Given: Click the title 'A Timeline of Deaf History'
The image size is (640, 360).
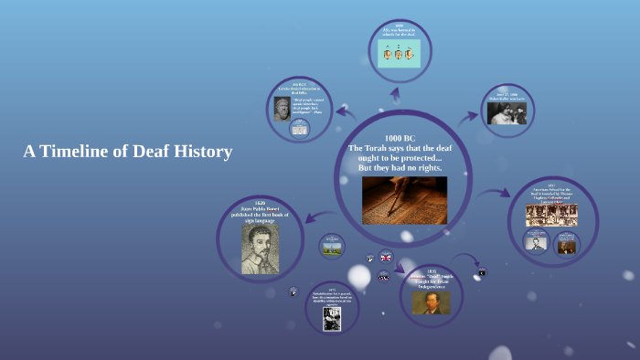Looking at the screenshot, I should coord(128,152).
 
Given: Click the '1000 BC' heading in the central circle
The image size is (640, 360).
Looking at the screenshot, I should coord(400,138).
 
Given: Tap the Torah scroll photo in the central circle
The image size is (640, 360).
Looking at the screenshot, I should coord(404,200).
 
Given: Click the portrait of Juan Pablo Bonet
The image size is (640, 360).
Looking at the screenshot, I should coord(260,249).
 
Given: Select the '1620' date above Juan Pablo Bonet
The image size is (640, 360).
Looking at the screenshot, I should coord(260,202).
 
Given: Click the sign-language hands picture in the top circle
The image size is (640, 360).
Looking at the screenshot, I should coord(400,53).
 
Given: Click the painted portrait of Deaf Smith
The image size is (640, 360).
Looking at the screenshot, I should coord(430,302).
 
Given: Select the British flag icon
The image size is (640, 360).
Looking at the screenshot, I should coord(386,258).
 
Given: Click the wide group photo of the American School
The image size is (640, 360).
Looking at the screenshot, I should coord(551,215).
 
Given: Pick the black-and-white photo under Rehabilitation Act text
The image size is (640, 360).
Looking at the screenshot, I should coord(332,318).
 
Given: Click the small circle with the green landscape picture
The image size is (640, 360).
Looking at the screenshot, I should coord(332,245).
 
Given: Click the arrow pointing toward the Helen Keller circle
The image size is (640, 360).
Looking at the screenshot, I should coord(468,117).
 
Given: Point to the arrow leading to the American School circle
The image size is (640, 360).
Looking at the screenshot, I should coord(497,193).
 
